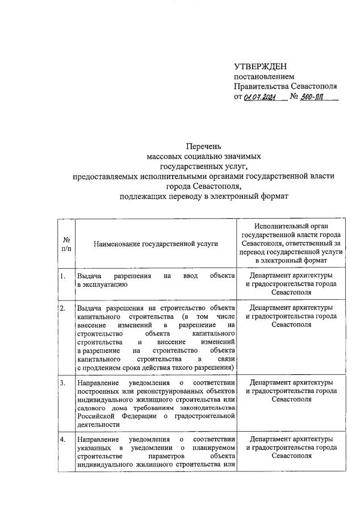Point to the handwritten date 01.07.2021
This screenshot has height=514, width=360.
pos(259,97)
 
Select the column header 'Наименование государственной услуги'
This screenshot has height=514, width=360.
pos(156,244)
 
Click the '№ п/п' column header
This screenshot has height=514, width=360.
pos(66,244)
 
